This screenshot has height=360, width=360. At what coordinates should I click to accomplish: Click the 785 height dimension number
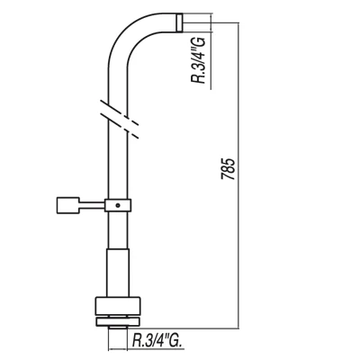click(228, 168)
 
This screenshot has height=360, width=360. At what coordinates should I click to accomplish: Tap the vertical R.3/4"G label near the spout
click(199, 60)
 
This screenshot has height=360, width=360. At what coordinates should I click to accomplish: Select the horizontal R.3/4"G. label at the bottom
click(157, 340)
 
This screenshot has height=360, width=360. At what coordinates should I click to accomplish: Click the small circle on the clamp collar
click(118, 205)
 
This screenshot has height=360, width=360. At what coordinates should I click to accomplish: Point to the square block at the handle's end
click(67, 205)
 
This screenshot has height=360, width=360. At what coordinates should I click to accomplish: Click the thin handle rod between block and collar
click(92, 205)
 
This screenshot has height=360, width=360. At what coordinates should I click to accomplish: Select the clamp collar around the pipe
click(118, 205)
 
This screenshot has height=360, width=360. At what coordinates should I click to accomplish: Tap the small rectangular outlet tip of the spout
click(179, 22)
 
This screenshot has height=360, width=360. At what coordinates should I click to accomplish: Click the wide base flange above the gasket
click(118, 306)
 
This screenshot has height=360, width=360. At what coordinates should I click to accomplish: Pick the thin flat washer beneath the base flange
click(118, 321)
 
